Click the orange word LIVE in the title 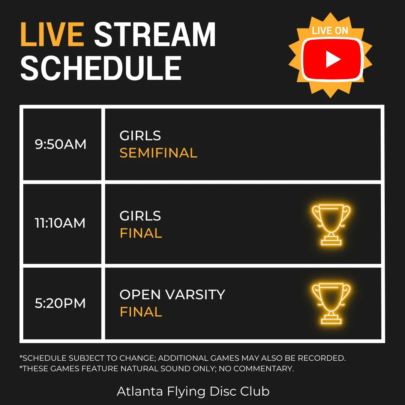pos(52,35)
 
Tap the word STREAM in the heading pos(155,35)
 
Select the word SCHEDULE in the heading pos(101,68)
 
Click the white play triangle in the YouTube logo pos(333,60)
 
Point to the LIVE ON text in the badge pos(330,31)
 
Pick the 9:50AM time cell pos(61,144)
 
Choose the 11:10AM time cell pos(60,223)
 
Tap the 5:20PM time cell pos(60,303)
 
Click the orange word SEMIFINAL pos(158,153)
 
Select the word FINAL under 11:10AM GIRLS pos(141,233)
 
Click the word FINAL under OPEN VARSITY pos(141,312)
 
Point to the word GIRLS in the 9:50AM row pos(140,136)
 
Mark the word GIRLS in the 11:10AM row pos(140,216)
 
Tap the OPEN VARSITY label pos(172,295)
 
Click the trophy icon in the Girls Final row pos(331,224)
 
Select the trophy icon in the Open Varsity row pos(331,303)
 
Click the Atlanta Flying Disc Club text pos(193,391)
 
